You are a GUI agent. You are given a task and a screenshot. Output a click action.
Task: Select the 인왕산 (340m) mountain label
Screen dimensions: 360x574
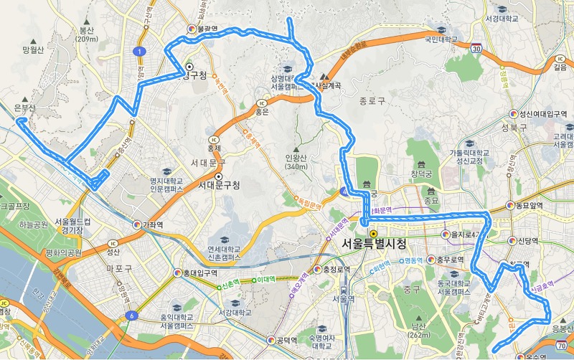(296, 163)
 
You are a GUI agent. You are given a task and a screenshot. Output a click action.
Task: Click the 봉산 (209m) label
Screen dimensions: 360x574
(87, 34)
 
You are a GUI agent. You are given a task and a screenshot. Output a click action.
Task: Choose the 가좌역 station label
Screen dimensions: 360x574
(152, 224)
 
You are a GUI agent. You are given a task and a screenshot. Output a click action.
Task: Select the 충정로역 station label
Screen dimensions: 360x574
(334, 270)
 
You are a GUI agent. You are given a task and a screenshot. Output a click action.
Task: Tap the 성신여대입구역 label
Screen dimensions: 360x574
(542, 113)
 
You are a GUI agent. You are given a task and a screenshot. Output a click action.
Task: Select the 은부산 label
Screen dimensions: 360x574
(24, 108)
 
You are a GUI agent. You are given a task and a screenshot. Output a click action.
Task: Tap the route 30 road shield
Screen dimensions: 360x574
(476, 47)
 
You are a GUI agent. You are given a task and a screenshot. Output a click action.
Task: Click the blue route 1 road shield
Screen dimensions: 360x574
(138, 51)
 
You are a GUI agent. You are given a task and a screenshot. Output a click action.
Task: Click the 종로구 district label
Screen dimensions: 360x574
(372, 101)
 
